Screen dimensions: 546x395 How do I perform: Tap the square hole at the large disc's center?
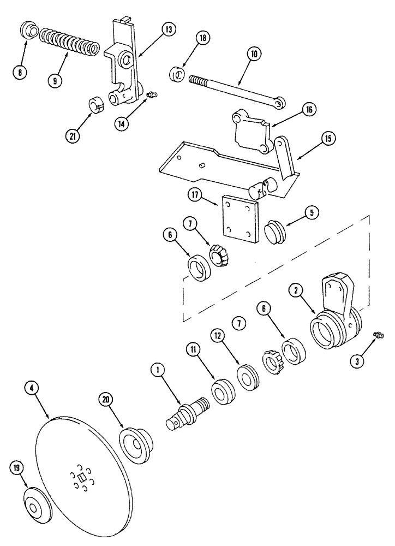(x=81, y=478)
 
